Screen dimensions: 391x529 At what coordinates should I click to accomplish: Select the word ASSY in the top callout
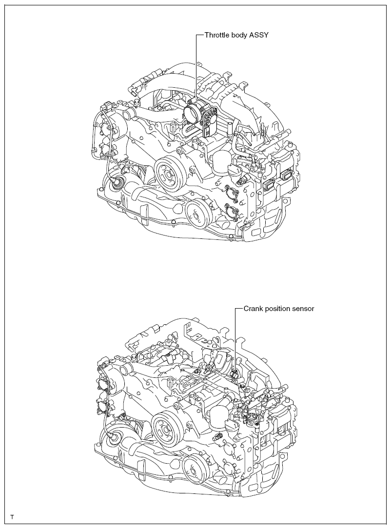tap(259, 35)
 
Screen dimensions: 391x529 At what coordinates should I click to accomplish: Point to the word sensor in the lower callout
tap(304, 309)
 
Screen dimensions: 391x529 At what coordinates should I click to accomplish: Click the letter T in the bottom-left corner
tap(12, 517)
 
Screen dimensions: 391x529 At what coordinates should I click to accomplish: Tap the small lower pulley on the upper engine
tap(195, 214)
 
